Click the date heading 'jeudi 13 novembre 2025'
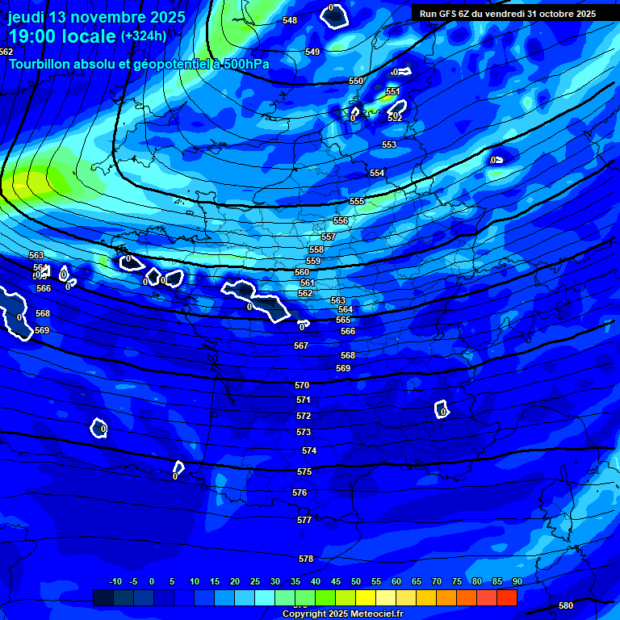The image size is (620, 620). click(x=97, y=17)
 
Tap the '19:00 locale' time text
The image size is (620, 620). click(x=61, y=36)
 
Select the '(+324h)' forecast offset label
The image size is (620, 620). click(x=144, y=36)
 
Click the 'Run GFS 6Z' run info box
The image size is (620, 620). click(x=508, y=14)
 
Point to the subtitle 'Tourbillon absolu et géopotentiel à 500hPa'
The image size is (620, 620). click(x=140, y=64)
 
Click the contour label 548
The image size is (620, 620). click(x=290, y=20)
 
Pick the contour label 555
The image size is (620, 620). click(x=357, y=201)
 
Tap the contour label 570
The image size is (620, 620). click(x=302, y=385)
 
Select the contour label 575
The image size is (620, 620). click(x=304, y=471)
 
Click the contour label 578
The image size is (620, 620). click(x=306, y=559)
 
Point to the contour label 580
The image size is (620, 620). click(x=566, y=605)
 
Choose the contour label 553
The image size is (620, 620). click(x=389, y=145)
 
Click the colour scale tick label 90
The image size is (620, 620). click(x=517, y=581)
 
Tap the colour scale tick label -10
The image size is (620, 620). click(x=115, y=581)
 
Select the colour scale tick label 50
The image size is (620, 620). click(x=355, y=581)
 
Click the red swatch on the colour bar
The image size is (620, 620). click(x=506, y=597)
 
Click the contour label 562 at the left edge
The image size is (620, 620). click(x=6, y=52)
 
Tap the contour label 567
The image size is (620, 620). click(x=301, y=346)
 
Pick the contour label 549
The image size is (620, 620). click(x=312, y=52)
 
